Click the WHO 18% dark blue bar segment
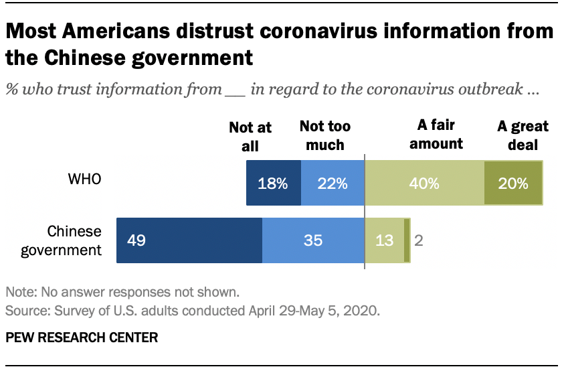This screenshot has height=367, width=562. point(273,183)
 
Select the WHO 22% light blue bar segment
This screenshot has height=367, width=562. point(333,183)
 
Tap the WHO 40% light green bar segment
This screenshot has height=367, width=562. point(424,183)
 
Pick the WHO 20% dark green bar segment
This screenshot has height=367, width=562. point(513,183)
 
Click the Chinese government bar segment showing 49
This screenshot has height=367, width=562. point(189,240)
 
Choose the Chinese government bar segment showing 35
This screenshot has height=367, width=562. point(313,240)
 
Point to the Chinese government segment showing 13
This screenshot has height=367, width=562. point(384,240)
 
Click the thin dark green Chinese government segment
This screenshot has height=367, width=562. point(407,240)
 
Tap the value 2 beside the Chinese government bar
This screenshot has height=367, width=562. point(418,240)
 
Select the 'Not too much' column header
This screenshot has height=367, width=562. point(324,136)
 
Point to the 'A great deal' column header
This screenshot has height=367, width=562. point(523,135)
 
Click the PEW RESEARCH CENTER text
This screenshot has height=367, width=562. point(82,338)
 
